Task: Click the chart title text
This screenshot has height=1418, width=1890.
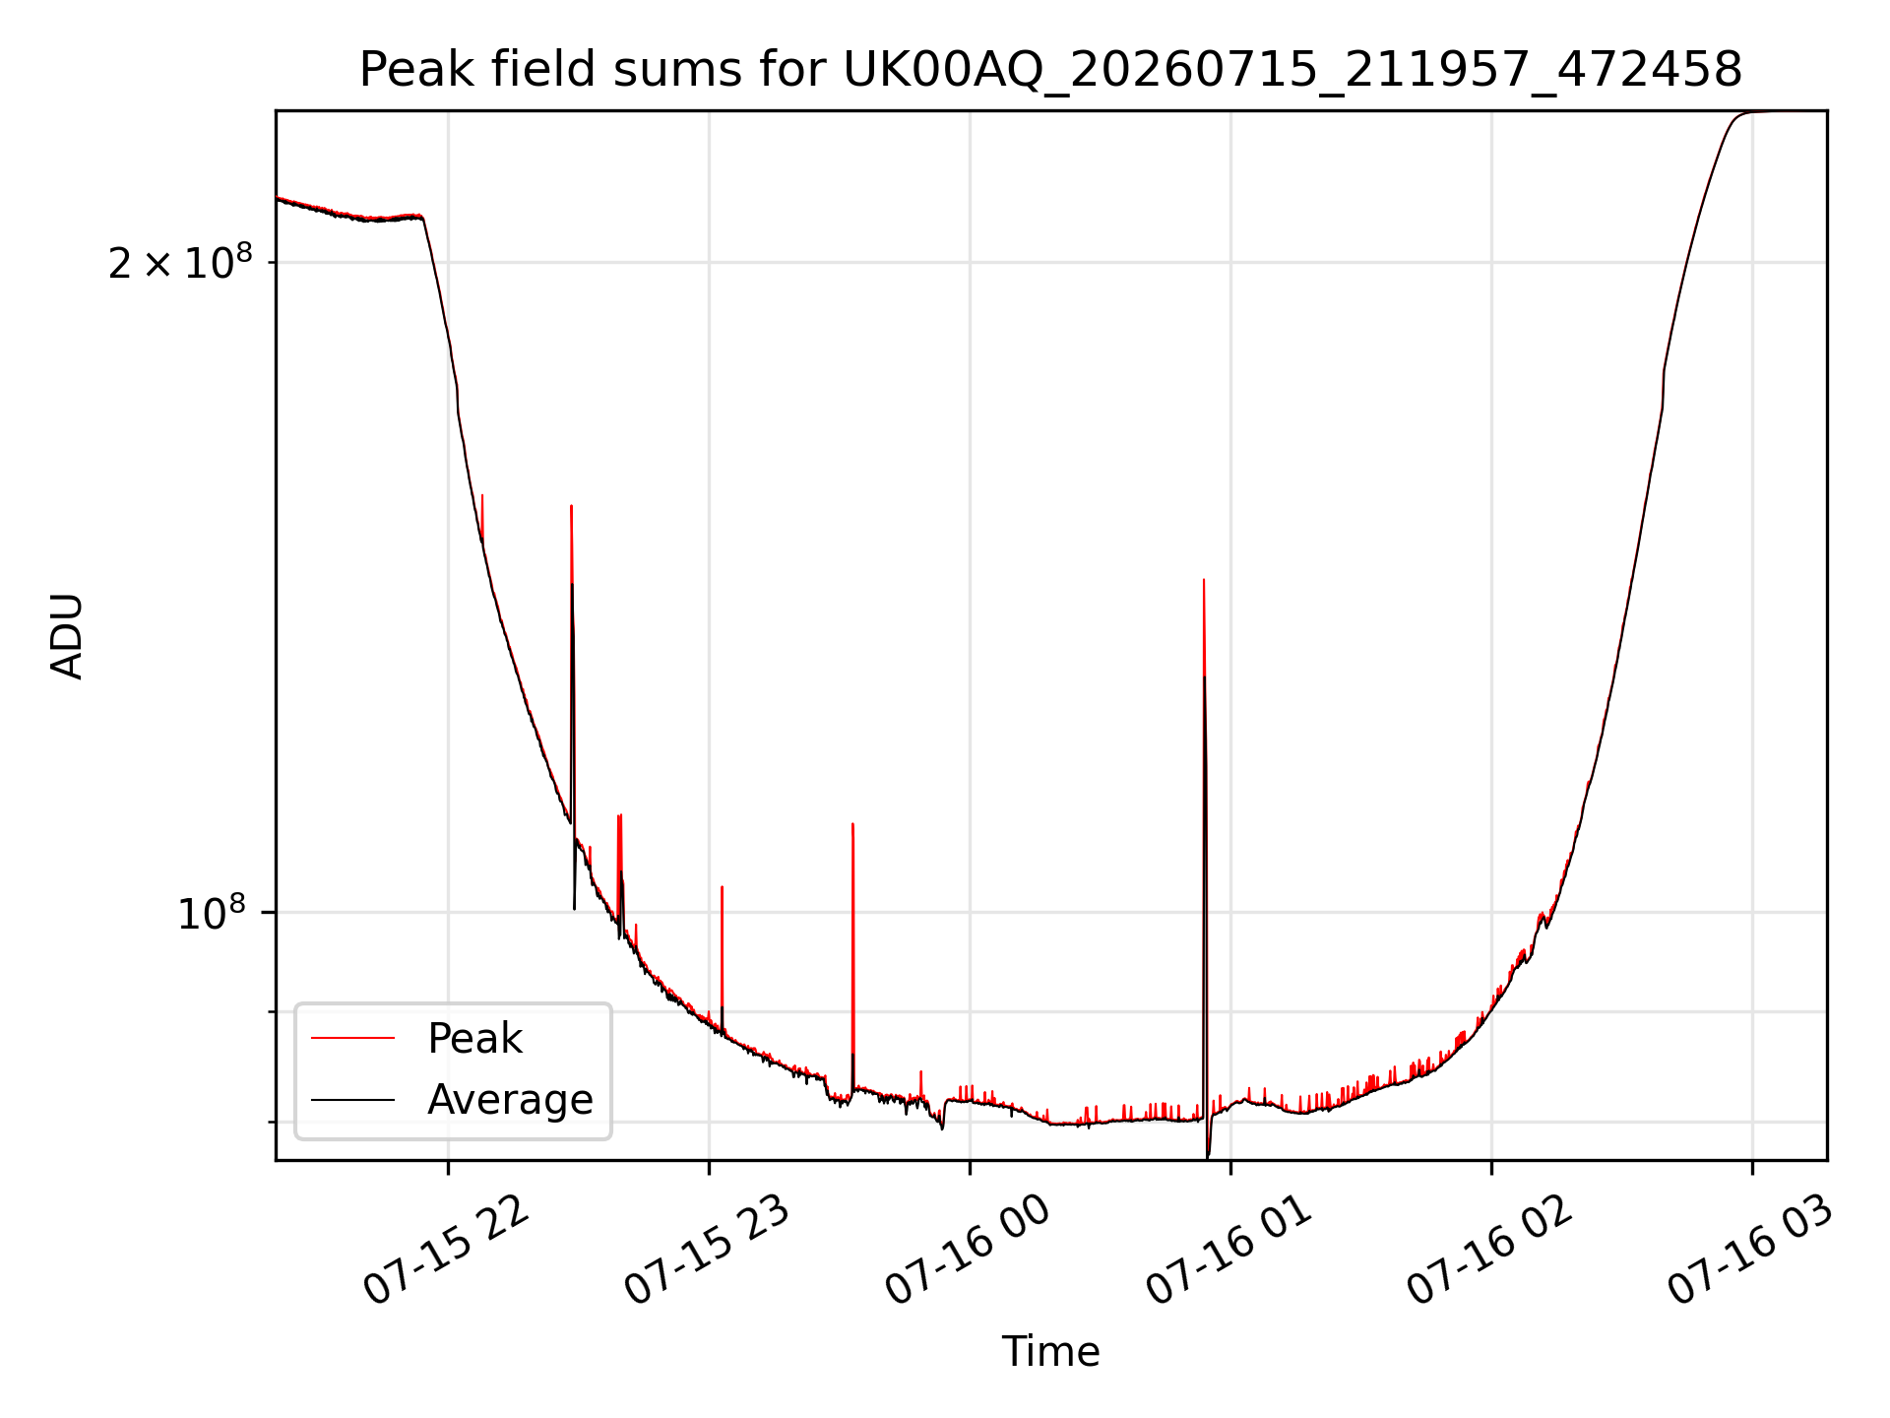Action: coord(1050,70)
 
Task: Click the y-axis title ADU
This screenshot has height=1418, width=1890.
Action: coord(67,636)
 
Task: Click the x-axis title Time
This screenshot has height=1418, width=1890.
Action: coord(1050,1351)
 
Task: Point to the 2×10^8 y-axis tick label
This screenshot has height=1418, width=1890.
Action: coord(180,262)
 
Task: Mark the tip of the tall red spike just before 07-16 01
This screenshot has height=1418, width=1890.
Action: coord(1204,580)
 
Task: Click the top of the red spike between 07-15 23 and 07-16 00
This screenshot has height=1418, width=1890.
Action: coord(852,823)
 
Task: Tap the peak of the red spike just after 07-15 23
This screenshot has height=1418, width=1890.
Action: coord(722,887)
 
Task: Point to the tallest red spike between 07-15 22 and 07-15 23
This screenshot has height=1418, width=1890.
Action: coord(572,506)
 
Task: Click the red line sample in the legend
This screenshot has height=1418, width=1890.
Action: coord(352,1038)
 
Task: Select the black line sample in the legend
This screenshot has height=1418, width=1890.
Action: coord(352,1099)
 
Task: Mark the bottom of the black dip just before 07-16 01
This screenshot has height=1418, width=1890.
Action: coord(1208,1158)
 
